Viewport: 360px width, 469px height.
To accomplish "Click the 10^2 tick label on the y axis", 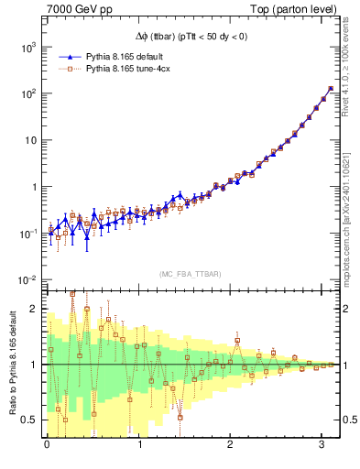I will pos(27,93).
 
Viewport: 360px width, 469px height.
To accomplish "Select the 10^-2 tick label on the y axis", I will pos(27,279).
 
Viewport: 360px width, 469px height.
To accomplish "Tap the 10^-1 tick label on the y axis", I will pos(27,233).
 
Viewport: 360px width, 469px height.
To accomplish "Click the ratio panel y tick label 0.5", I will pos(30,420).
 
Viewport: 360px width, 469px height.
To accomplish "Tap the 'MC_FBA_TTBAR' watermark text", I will pos(191,274).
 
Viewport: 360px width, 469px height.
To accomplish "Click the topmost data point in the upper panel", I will pos(330,89).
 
